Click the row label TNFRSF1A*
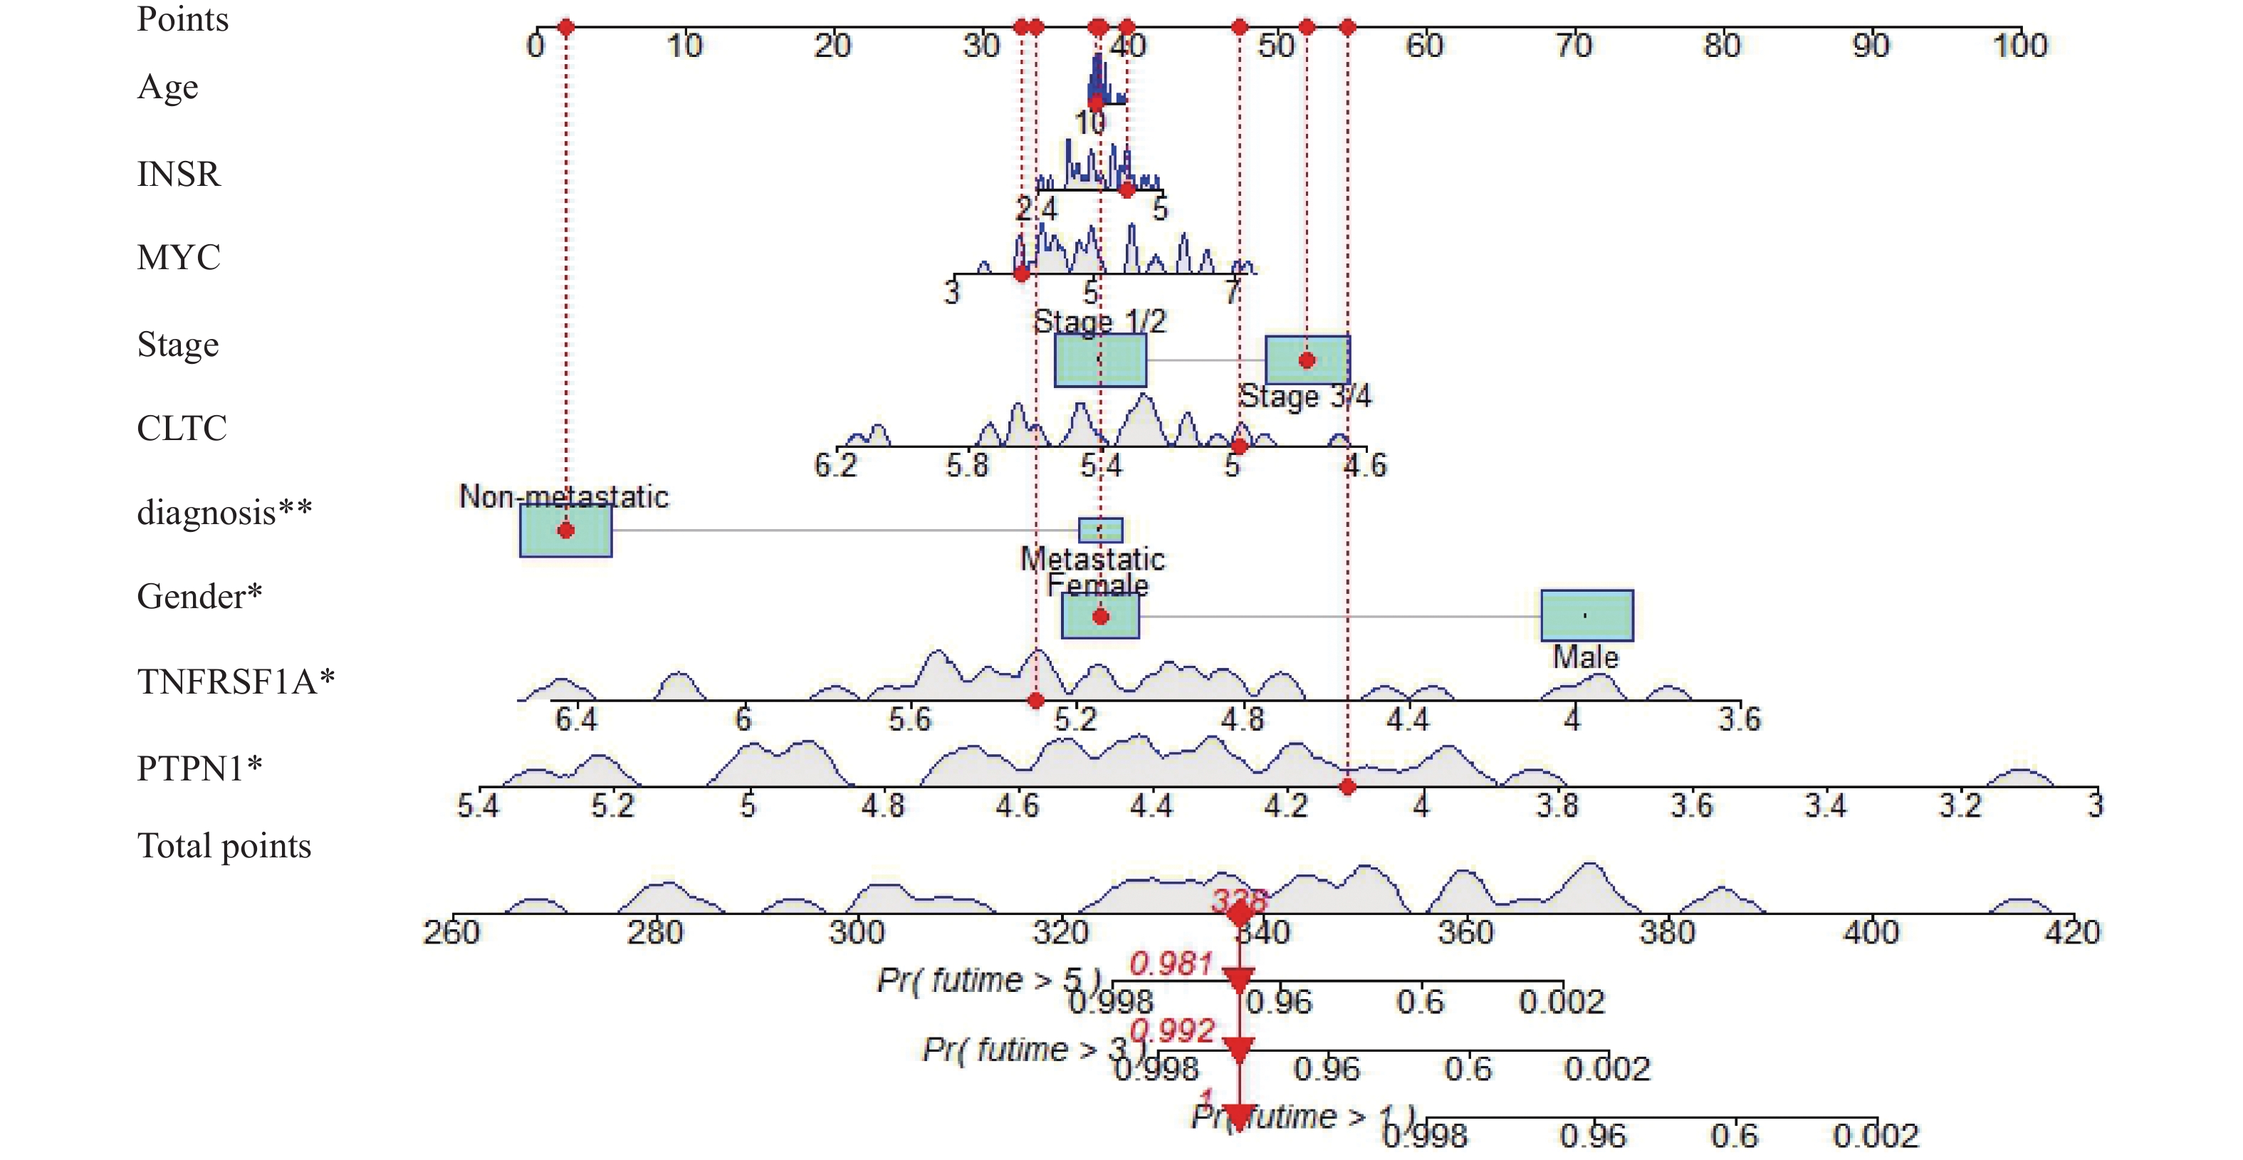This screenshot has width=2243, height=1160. pyautogui.click(x=235, y=681)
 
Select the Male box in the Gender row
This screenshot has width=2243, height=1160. pyautogui.click(x=1586, y=616)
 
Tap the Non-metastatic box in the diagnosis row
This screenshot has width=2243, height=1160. pyautogui.click(x=565, y=531)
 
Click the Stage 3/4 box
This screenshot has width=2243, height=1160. pyautogui.click(x=1306, y=360)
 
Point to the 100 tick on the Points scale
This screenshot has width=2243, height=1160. pyautogui.click(x=2020, y=28)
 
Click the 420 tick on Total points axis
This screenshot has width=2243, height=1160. pyautogui.click(x=2072, y=914)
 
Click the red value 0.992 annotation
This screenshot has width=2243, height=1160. pyautogui.click(x=1173, y=1031)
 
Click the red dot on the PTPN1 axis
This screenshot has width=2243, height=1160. pyautogui.click(x=1347, y=788)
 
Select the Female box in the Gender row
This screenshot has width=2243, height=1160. pyautogui.click(x=1099, y=616)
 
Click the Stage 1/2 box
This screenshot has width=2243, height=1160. pyautogui.click(x=1099, y=360)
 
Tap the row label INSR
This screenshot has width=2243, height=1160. pyautogui.click(x=179, y=174)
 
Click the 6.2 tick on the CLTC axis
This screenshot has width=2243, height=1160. pyautogui.click(x=836, y=449)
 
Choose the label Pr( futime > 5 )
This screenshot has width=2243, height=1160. pyautogui.click(x=988, y=981)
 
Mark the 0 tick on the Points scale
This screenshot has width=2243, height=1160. pyautogui.click(x=535, y=28)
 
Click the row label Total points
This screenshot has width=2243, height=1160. pyautogui.click(x=224, y=846)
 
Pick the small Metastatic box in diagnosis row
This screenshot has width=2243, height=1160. pyautogui.click(x=1099, y=530)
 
